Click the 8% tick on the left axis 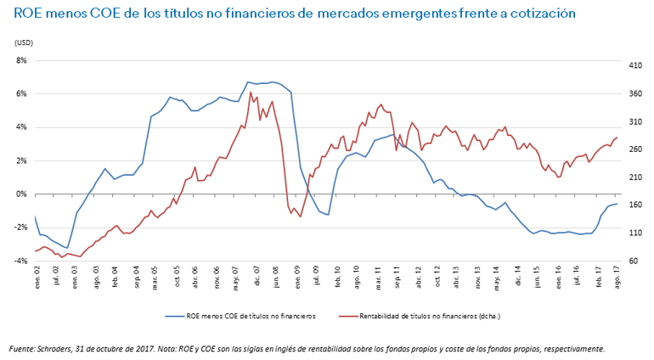(x=21, y=60)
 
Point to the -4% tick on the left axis (x=20, y=261)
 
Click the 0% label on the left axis (x=21, y=194)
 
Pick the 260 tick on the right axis (x=634, y=149)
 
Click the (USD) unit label (x=24, y=42)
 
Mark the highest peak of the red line (x=251, y=92)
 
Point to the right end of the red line (x=617, y=137)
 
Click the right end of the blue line (x=617, y=204)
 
